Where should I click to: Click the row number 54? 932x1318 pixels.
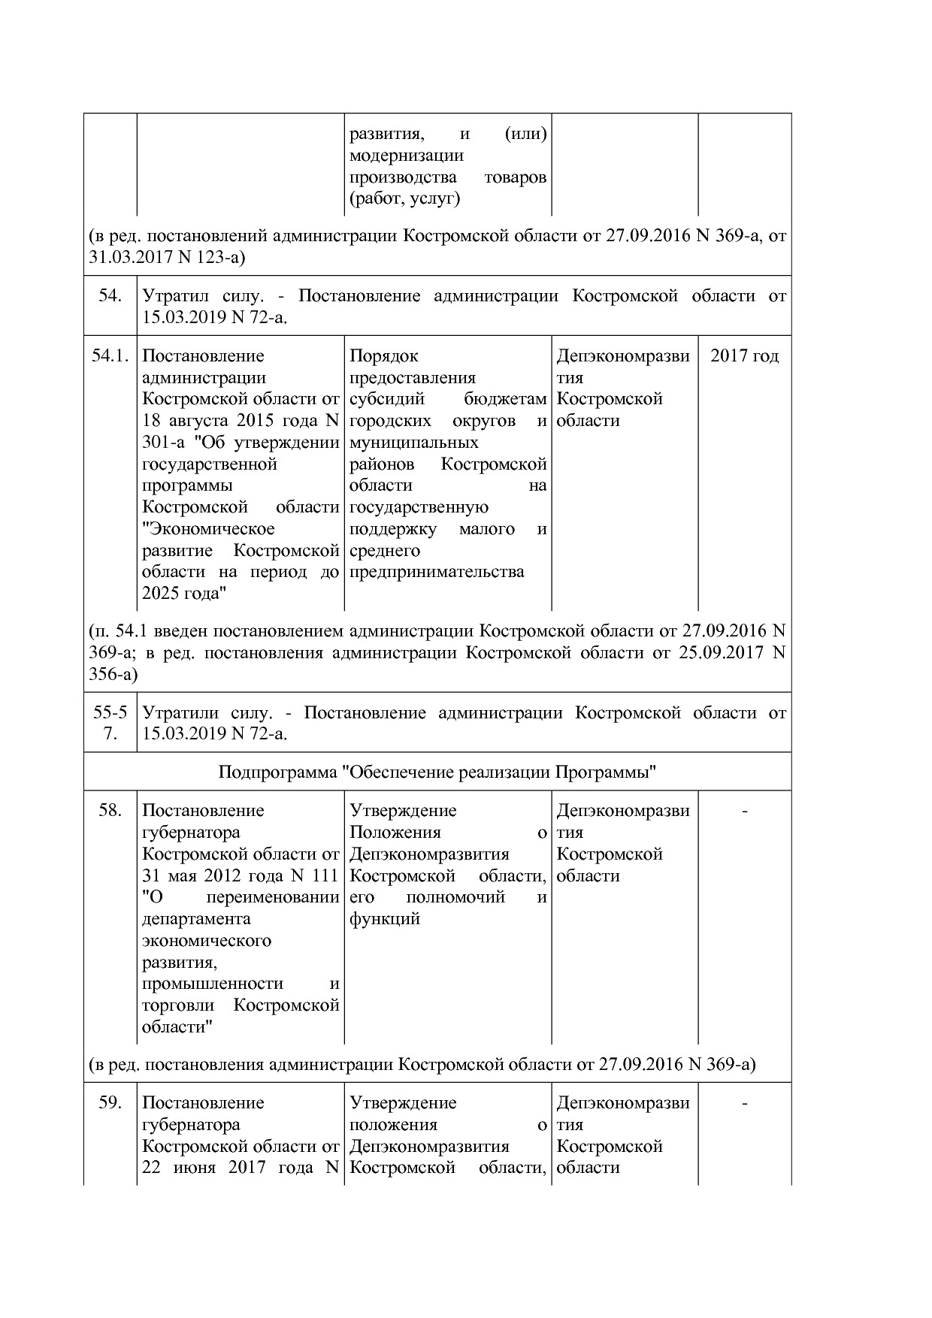coord(110,296)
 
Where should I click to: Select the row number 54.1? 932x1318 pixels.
coord(110,356)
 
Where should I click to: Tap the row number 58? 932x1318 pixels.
coord(110,811)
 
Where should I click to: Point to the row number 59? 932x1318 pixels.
coord(110,1103)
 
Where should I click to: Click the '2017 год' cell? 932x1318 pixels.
coord(744,356)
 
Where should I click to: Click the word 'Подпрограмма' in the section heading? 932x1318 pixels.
coord(277,772)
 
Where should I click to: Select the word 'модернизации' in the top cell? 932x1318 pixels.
coord(406,156)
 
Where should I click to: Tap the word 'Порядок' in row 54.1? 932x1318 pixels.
coord(383,356)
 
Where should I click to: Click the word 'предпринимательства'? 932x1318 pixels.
coord(436,573)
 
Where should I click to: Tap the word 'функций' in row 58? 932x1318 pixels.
coord(384,919)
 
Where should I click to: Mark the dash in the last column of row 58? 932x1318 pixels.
coord(744,811)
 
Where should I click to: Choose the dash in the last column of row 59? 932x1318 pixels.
coord(744,1103)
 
